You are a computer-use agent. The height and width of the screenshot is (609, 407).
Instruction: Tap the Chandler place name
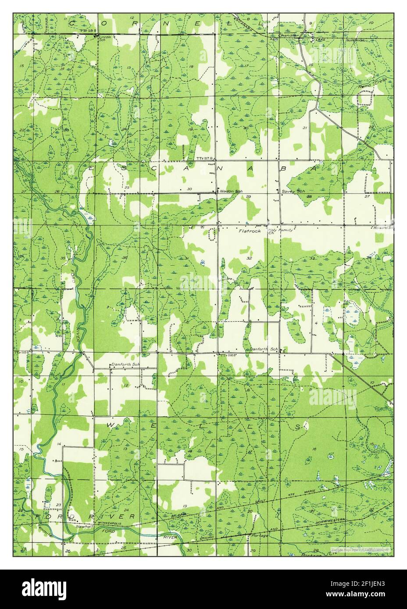pyautogui.click(x=289, y=35)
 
